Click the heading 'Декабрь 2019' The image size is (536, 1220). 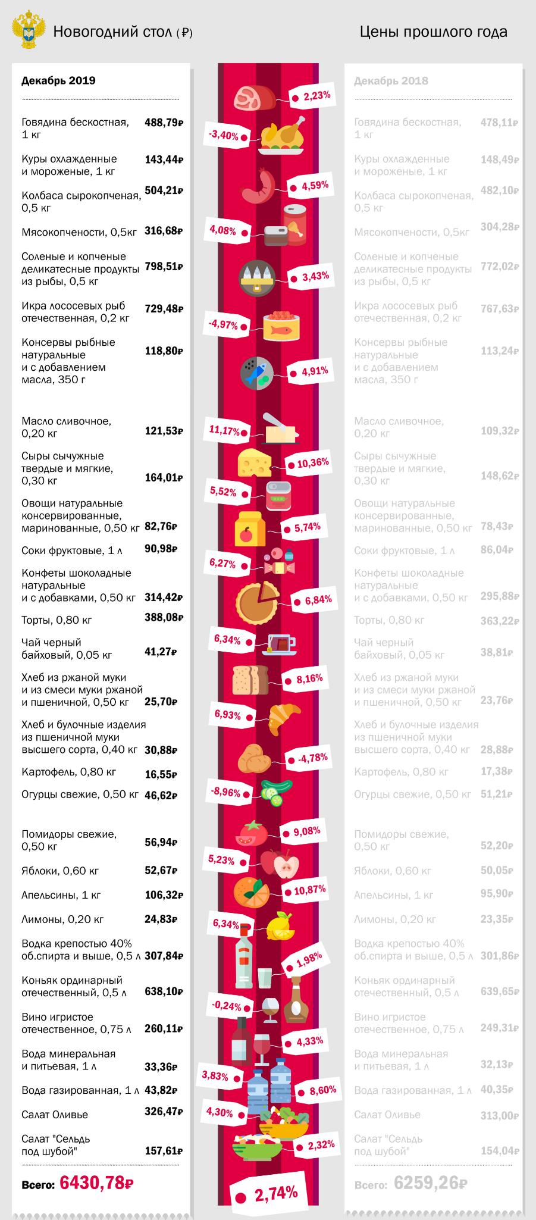(58, 81)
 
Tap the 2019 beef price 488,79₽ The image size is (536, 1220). (164, 123)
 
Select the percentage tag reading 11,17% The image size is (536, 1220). (224, 430)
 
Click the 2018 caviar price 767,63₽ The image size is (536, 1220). (499, 309)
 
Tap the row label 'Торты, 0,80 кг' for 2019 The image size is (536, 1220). (57, 620)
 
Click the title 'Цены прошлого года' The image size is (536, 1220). (433, 32)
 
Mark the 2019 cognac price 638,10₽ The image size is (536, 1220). (164, 992)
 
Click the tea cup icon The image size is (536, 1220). (280, 645)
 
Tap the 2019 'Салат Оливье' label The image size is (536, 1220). (54, 1115)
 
